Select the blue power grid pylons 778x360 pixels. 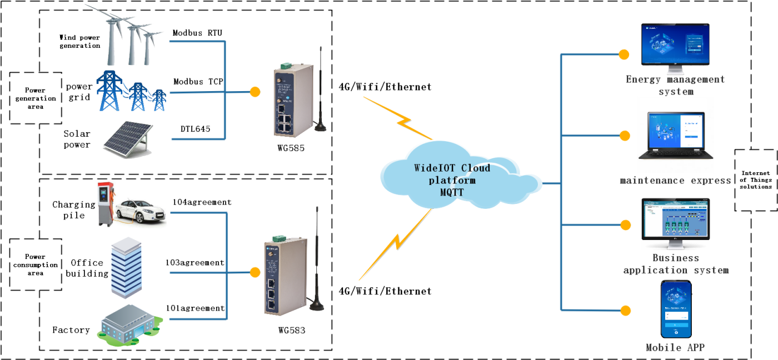(132, 92)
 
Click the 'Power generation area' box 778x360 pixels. (35, 98)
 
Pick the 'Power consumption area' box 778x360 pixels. (35, 265)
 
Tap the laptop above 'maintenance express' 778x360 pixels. (675, 137)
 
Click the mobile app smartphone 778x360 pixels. (676, 309)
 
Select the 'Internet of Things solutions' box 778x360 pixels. (755, 180)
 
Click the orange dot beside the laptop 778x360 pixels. (625, 136)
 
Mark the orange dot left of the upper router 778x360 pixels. (255, 92)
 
